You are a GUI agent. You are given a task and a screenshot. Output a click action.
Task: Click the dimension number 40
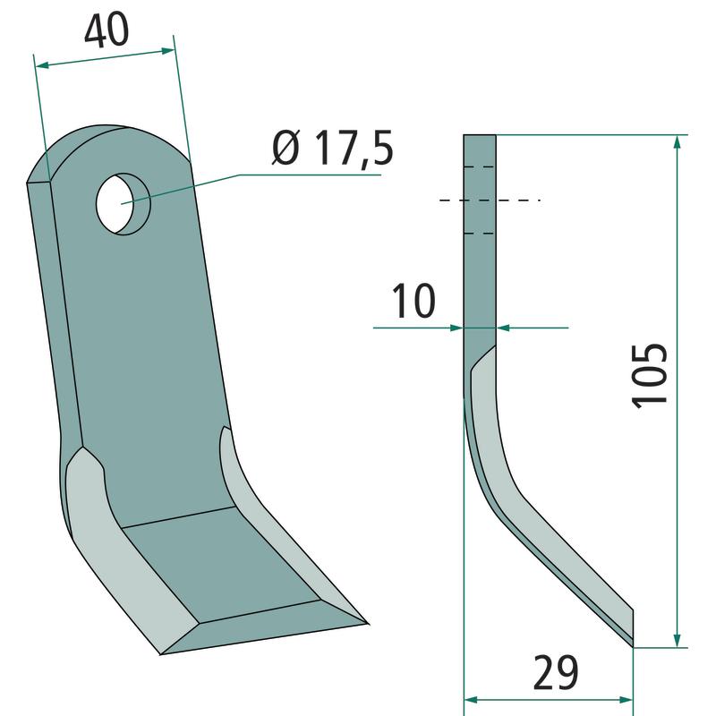(x=107, y=30)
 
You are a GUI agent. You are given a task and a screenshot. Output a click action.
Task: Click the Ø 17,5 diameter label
(x=332, y=149)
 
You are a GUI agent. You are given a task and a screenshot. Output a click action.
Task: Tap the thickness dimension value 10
(x=413, y=301)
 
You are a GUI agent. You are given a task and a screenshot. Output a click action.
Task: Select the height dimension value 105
(x=650, y=375)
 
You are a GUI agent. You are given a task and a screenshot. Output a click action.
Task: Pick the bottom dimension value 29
(x=556, y=673)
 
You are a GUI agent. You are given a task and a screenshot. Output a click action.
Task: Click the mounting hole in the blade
(x=124, y=204)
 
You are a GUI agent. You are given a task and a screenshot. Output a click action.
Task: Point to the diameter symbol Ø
(x=286, y=148)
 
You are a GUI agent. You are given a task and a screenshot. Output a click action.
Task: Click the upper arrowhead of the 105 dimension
(x=678, y=142)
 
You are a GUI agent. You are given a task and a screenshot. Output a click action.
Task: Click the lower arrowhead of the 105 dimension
(x=678, y=640)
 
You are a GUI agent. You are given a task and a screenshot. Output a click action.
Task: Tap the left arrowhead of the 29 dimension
(x=471, y=700)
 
